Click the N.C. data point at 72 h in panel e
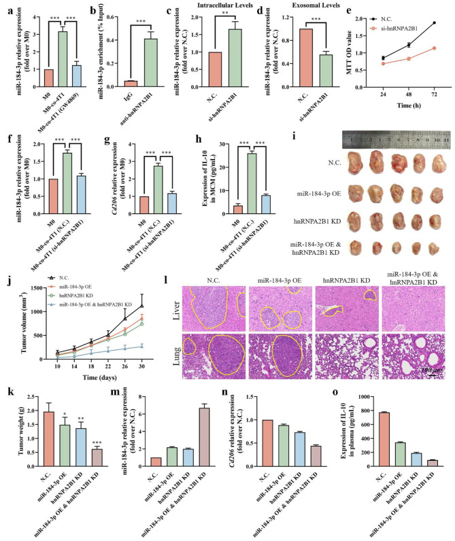[x=434, y=23]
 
